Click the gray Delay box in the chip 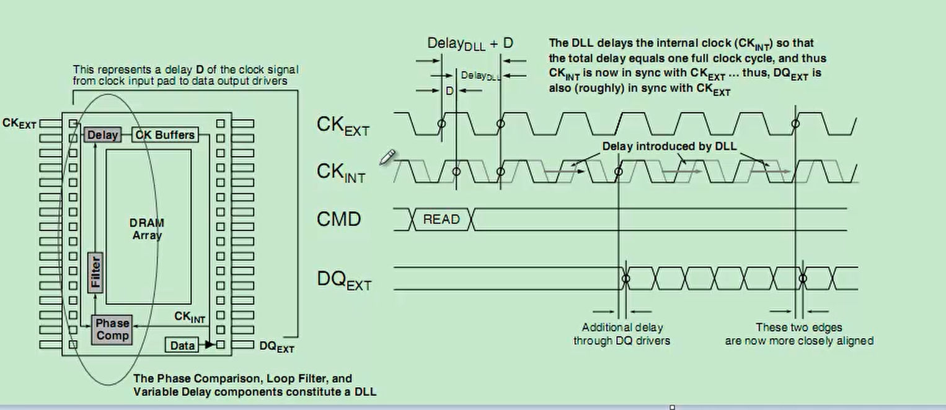(102, 135)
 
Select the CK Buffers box (165, 135)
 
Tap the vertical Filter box (95, 273)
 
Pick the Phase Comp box (112, 329)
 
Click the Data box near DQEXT (182, 346)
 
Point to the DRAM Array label (147, 229)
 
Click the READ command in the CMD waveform (441, 219)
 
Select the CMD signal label (338, 219)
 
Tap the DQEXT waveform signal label (343, 281)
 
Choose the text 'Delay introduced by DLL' (670, 146)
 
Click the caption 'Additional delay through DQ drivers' (622, 334)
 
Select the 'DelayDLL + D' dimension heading (470, 43)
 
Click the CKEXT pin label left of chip (19, 123)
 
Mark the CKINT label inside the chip (190, 317)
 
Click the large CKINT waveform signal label (341, 172)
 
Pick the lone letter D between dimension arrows (450, 90)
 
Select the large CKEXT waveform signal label (343, 125)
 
